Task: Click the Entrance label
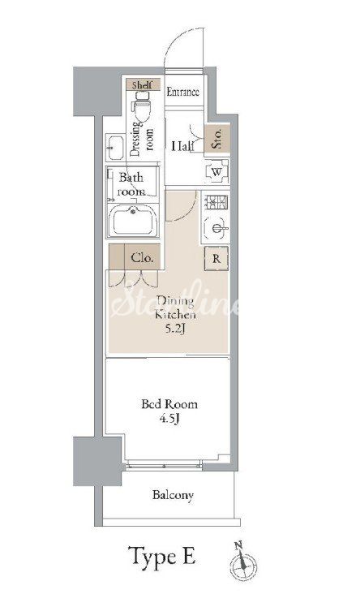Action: [183, 92]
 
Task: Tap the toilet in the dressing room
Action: [142, 102]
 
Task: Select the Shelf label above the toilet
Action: [142, 85]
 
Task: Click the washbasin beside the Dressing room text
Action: [114, 148]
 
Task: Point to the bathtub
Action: [133, 221]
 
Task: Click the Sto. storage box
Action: [217, 138]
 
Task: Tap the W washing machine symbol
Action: [216, 172]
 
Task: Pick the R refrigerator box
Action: [216, 258]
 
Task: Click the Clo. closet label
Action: [142, 258]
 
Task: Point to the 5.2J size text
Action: [175, 329]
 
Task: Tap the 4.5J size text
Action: [169, 419]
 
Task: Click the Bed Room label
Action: [169, 404]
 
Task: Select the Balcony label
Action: [173, 495]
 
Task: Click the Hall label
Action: [182, 146]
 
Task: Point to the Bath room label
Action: [131, 184]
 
